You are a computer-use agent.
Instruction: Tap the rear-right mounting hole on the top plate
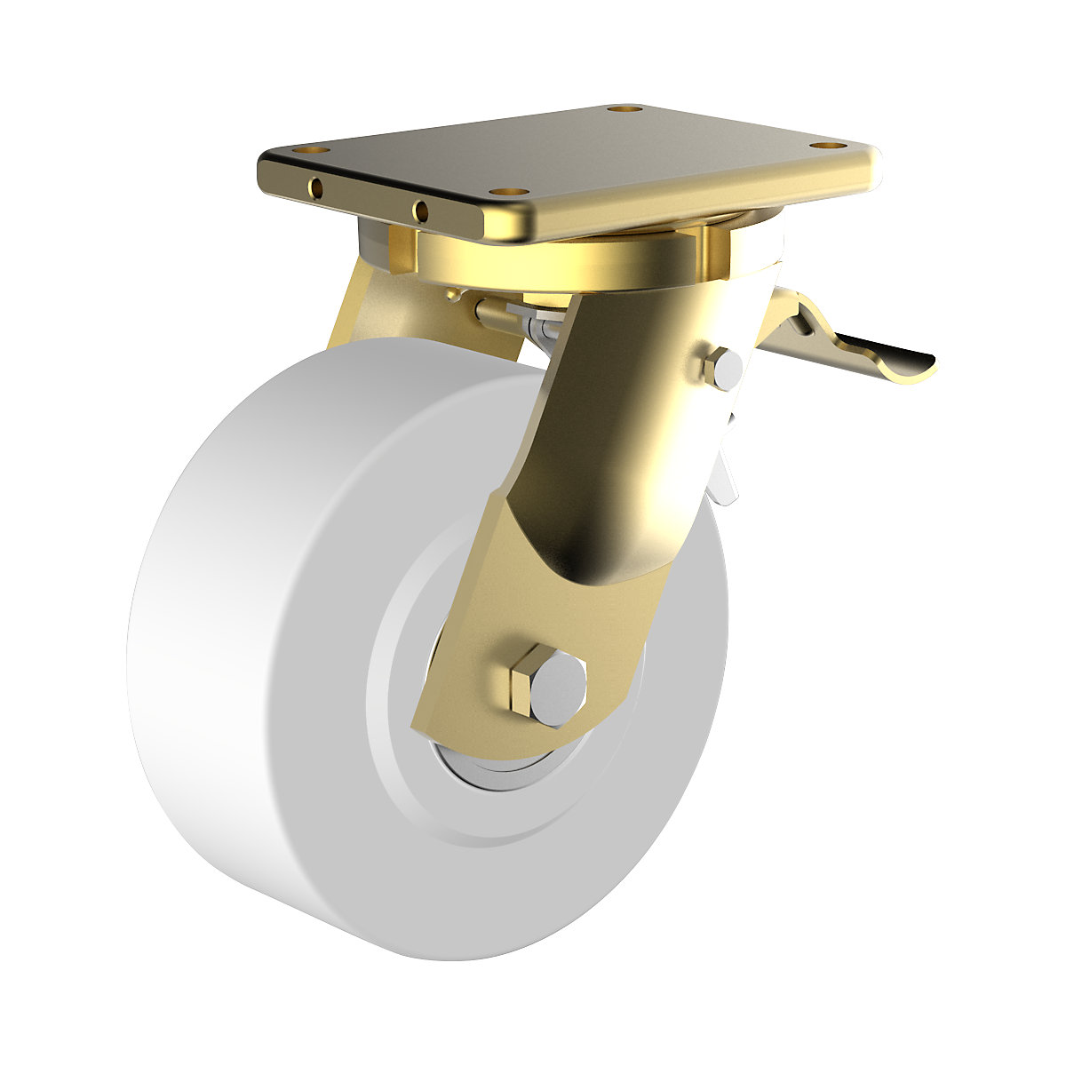(625, 110)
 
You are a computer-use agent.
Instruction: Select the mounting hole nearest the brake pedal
(828, 145)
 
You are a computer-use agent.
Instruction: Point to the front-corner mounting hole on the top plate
(505, 191)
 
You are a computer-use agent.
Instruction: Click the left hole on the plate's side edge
(315, 187)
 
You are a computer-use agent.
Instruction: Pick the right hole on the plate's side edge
(420, 211)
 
